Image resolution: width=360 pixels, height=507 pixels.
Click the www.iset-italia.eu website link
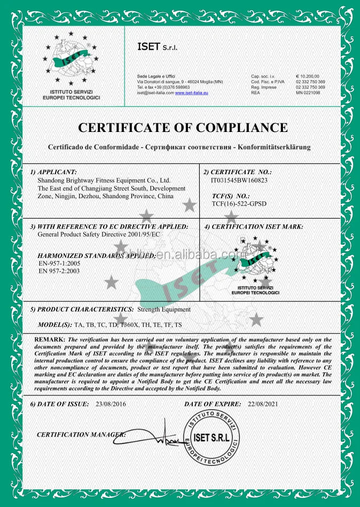click(x=191, y=93)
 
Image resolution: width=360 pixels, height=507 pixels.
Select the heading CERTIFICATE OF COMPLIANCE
click(x=183, y=128)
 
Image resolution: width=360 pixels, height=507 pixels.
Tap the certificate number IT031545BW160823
click(x=239, y=180)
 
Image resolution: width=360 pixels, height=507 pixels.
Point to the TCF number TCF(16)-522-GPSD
click(x=239, y=204)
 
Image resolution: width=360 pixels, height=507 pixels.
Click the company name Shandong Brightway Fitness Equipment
click(x=104, y=181)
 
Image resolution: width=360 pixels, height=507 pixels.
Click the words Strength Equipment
click(x=164, y=309)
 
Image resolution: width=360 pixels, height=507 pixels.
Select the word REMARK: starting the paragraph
click(x=50, y=340)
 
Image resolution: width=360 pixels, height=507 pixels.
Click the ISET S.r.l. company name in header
click(x=157, y=47)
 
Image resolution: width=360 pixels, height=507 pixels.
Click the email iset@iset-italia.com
click(x=155, y=93)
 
